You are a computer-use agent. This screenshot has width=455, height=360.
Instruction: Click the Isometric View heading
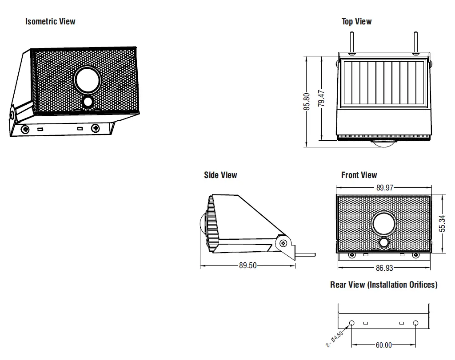pyautogui.click(x=50, y=21)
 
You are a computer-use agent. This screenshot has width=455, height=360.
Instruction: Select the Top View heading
pyautogui.click(x=356, y=21)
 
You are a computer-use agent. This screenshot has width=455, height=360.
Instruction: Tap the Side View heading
pyautogui.click(x=220, y=175)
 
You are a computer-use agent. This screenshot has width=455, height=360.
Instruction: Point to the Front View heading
pyautogui.click(x=359, y=175)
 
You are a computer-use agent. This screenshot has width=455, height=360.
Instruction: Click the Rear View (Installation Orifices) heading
pyautogui.click(x=383, y=285)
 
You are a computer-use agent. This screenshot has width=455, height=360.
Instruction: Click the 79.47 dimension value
pyautogui.click(x=322, y=99)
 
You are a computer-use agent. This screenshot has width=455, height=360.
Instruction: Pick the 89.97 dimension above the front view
pyautogui.click(x=385, y=188)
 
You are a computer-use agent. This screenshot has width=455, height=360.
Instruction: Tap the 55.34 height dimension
pyautogui.click(x=442, y=224)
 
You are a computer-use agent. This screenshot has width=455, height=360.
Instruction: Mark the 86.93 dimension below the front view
pyautogui.click(x=384, y=268)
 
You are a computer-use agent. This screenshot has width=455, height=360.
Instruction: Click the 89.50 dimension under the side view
pyautogui.click(x=248, y=265)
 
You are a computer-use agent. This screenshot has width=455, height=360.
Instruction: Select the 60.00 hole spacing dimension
pyautogui.click(x=384, y=345)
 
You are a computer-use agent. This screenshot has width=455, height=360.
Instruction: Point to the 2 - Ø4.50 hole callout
pyautogui.click(x=335, y=339)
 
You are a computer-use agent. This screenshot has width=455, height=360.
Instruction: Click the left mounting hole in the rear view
pyautogui.click(x=352, y=323)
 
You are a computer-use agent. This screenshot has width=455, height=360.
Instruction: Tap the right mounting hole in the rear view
pyautogui.click(x=416, y=323)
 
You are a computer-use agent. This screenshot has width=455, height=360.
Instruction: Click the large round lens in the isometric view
pyautogui.click(x=88, y=79)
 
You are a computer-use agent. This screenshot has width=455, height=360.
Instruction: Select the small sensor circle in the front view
pyautogui.click(x=384, y=242)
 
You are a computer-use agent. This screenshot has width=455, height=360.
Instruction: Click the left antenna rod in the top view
pyautogui.click(x=350, y=42)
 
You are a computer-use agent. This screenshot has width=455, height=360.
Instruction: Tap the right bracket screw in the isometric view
pyautogui.click(x=96, y=129)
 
